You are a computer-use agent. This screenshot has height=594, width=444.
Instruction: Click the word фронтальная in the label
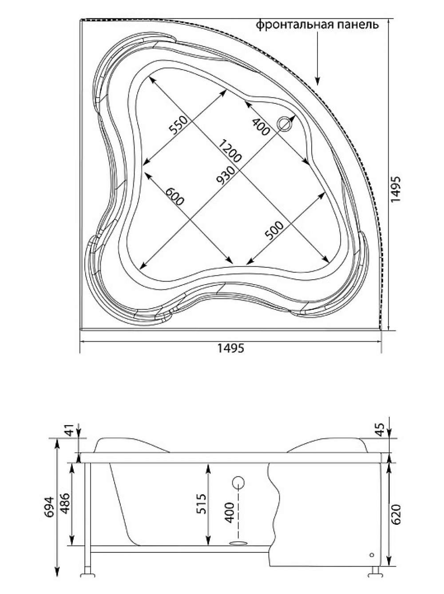tap(293, 25)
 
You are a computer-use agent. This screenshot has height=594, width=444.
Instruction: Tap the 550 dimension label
tap(178, 126)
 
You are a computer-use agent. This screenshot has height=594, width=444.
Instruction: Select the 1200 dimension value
tap(229, 150)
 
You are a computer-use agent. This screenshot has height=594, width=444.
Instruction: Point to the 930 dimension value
tap(225, 176)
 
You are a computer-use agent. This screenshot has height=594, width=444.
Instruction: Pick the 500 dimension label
tap(274, 231)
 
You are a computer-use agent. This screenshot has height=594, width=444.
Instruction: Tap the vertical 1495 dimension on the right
tap(396, 189)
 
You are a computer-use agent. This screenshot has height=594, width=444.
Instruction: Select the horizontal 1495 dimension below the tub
tap(231, 348)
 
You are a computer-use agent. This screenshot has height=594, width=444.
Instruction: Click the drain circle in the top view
tap(285, 124)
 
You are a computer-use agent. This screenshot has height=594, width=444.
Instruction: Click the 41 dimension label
tap(70, 430)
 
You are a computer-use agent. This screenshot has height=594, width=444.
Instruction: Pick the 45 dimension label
tap(381, 430)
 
